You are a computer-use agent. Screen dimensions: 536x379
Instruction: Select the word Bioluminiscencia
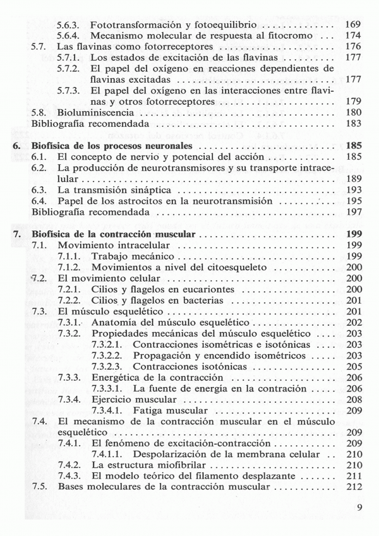(x=92, y=112)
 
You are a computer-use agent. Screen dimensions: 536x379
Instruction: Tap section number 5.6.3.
(x=68, y=24)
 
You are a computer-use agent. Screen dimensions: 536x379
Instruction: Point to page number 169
(x=353, y=24)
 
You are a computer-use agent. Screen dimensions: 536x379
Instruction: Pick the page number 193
(x=353, y=189)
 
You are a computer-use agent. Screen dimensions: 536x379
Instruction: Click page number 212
(x=353, y=487)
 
